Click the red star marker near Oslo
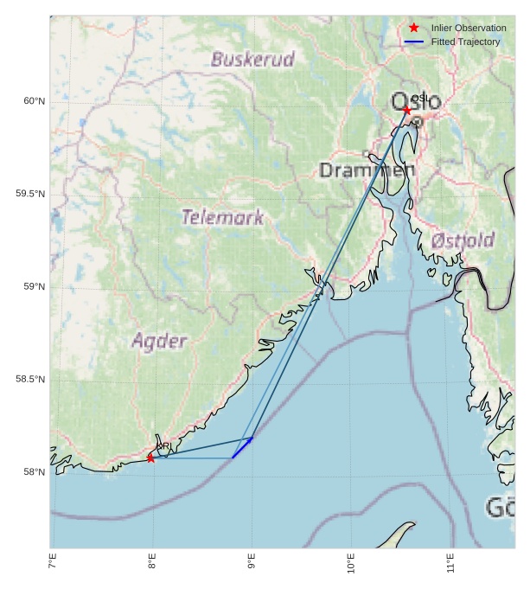(407, 110)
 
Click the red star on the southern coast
(150, 458)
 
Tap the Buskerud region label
(252, 60)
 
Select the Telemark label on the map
(222, 217)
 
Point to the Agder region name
(159, 342)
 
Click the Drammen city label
(367, 170)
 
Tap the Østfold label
(463, 240)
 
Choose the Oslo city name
(416, 102)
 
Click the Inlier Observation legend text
(469, 29)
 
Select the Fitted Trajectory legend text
(465, 42)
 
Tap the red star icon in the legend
(414, 28)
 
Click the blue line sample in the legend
(414, 42)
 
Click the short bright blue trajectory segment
(242, 448)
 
